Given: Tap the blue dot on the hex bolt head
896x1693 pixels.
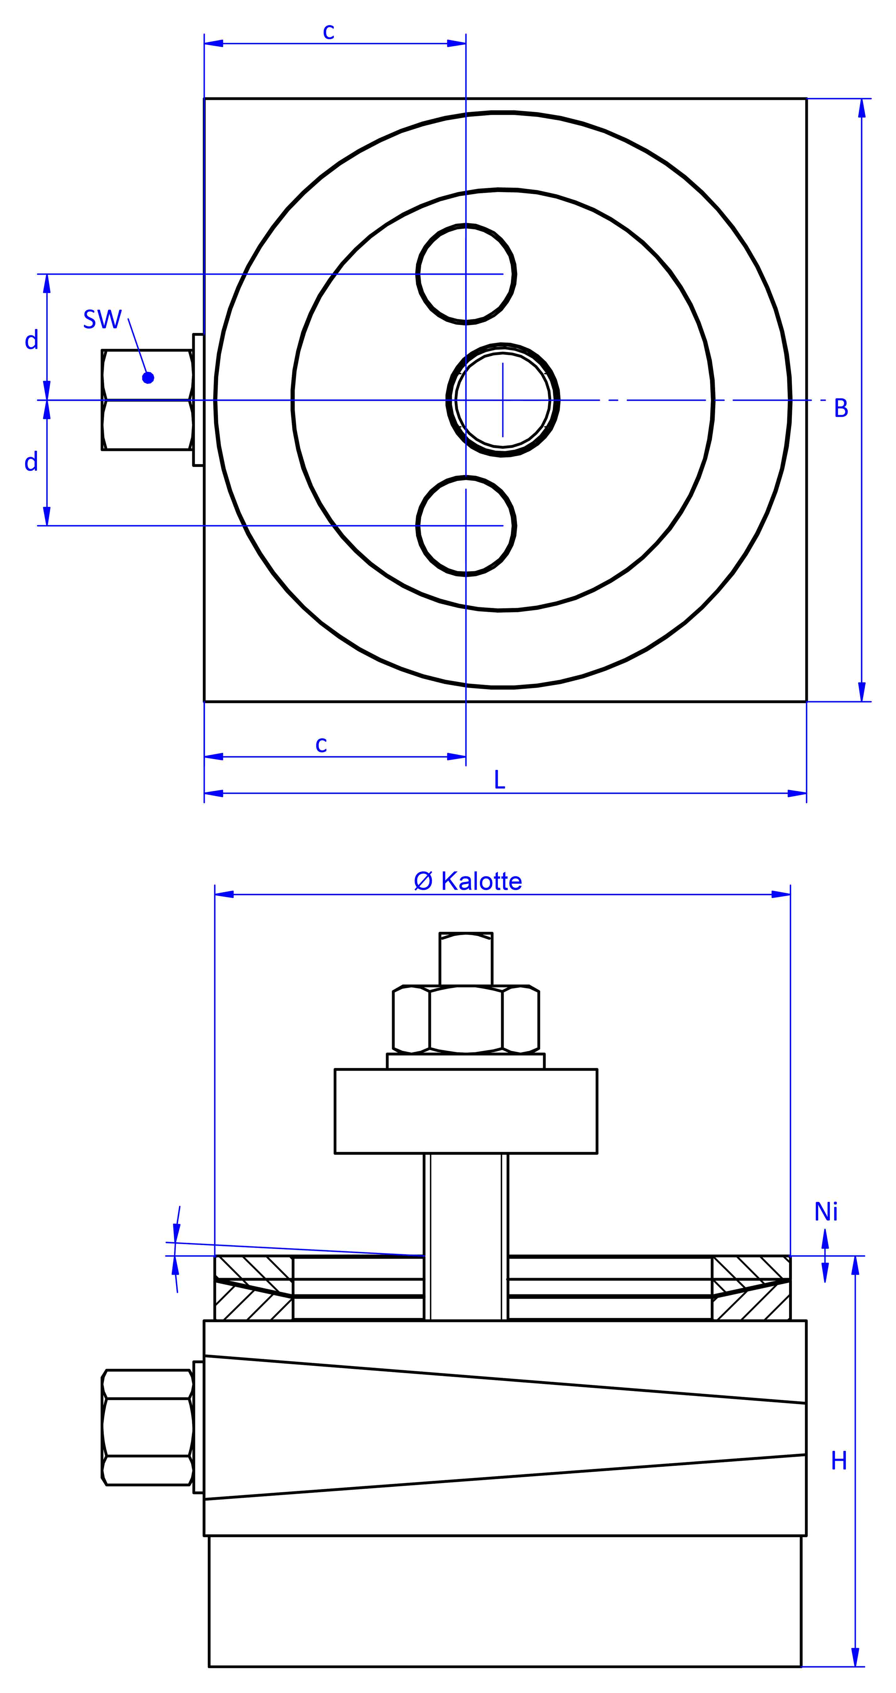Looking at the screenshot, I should pos(148,378).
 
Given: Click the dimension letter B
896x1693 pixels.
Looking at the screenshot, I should pos(841,409).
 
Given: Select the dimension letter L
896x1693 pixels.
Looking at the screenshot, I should pos(499,780).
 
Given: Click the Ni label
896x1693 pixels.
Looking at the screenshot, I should pos(826,1212).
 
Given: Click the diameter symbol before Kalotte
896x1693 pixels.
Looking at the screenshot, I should pos(423,881).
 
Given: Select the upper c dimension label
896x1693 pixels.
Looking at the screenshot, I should pos(329,31).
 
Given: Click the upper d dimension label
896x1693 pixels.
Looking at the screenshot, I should pos(31,341).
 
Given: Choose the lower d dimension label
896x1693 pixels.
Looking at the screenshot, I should pos(31,462).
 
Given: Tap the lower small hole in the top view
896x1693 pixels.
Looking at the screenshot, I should pos(466,526).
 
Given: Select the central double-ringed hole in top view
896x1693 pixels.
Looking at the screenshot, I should pos(502,400).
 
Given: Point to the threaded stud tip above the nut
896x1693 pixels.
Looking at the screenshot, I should pos(466,958).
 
